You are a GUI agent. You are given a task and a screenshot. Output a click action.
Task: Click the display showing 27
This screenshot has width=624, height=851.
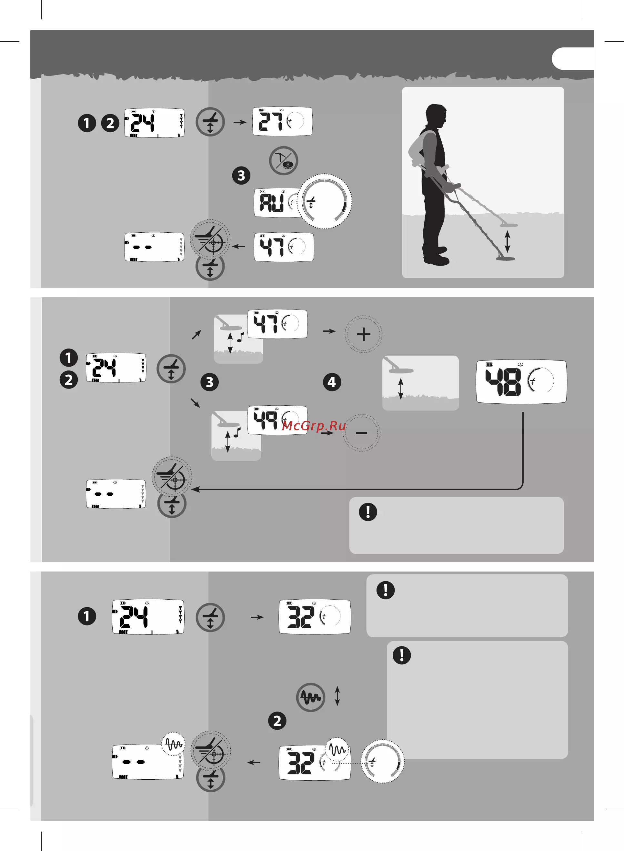[x=282, y=121]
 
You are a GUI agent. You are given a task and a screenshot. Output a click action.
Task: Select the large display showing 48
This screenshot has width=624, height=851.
[x=521, y=381]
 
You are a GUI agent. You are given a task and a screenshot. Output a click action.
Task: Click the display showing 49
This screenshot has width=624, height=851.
[x=277, y=420]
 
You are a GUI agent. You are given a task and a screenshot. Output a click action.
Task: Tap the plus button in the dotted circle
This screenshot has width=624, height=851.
[x=363, y=334]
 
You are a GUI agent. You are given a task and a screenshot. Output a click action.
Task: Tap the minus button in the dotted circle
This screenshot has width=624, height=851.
[x=361, y=433]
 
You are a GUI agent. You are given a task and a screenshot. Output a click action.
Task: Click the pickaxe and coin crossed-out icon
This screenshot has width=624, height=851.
[x=284, y=160]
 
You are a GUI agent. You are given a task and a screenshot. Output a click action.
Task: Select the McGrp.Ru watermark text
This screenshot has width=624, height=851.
[x=314, y=426]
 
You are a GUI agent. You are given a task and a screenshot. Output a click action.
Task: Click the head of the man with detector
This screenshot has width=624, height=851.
[x=436, y=116]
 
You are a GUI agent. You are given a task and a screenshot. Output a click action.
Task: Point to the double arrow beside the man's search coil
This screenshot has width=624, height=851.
[x=508, y=242]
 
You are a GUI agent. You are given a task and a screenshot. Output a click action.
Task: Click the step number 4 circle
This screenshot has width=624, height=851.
[x=332, y=382]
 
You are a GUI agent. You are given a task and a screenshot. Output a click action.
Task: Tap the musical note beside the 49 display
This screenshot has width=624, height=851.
[x=237, y=432]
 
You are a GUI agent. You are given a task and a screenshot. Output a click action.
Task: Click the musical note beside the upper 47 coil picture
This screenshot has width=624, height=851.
[x=240, y=337]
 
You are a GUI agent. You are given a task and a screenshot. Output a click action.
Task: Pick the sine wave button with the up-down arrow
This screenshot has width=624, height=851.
[x=310, y=697]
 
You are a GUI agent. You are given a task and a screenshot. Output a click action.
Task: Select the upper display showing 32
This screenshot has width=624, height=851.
[x=315, y=617]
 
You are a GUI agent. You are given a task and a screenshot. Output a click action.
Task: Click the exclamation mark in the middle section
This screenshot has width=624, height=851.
[x=368, y=512]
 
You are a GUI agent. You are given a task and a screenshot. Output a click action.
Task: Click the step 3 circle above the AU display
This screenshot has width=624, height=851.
[x=241, y=176]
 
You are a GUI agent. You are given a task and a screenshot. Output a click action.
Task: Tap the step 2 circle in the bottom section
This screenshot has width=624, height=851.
[x=277, y=721]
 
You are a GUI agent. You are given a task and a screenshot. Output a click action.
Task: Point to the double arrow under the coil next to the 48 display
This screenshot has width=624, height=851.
[x=401, y=389]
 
